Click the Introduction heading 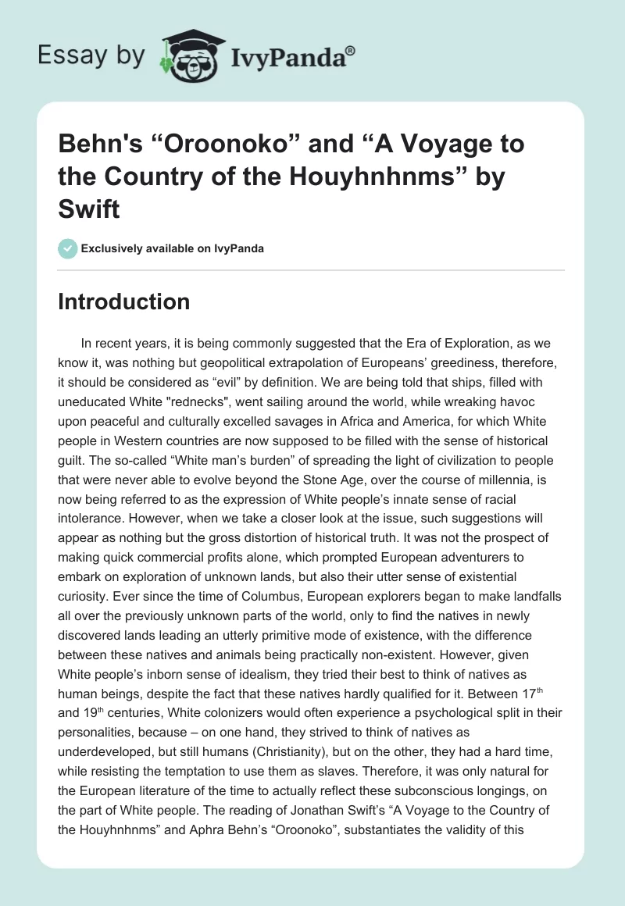point(123,301)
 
